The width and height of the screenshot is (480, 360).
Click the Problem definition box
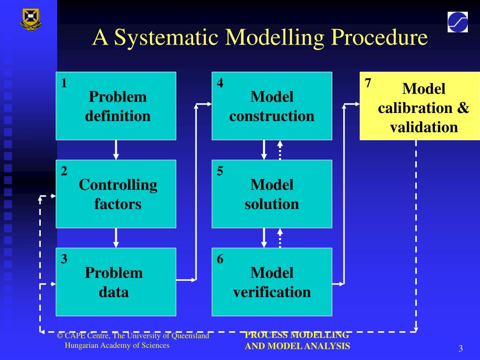pyautogui.click(x=116, y=106)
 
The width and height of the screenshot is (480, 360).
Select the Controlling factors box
pyautogui.click(x=116, y=194)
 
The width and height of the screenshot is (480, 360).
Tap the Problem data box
pyautogui.click(x=116, y=282)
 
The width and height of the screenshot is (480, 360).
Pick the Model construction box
pyautogui.click(x=271, y=106)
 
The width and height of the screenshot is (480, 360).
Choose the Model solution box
pyautogui.click(x=271, y=194)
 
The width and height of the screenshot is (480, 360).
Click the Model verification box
pyautogui.click(x=271, y=282)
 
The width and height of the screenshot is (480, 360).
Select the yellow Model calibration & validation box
pyautogui.click(x=420, y=106)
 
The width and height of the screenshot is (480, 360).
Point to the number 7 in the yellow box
pyautogui.click(x=368, y=83)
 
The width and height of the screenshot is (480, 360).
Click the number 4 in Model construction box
pyautogui.click(x=220, y=83)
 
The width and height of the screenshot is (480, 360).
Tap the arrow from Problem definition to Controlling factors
pyautogui.click(x=116, y=150)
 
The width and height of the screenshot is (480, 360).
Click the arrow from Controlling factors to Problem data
pyautogui.click(x=116, y=238)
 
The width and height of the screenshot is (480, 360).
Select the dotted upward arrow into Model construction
pyautogui.click(x=280, y=150)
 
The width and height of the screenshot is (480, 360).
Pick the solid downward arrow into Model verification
pyautogui.click(x=264, y=238)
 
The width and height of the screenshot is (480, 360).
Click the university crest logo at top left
pyautogui.click(x=31, y=19)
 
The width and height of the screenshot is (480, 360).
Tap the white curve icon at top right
pyautogui.click(x=457, y=22)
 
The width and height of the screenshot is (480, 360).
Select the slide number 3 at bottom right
pyautogui.click(x=460, y=348)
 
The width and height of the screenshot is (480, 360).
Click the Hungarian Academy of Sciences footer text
pyautogui.click(x=117, y=345)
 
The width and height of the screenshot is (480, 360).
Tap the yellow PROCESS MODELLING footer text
pyautogui.click(x=297, y=335)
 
